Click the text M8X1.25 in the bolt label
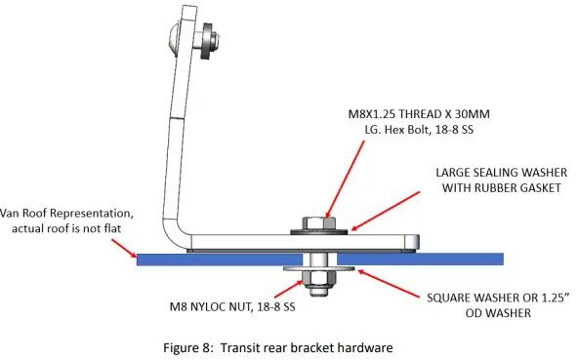[377, 112]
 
